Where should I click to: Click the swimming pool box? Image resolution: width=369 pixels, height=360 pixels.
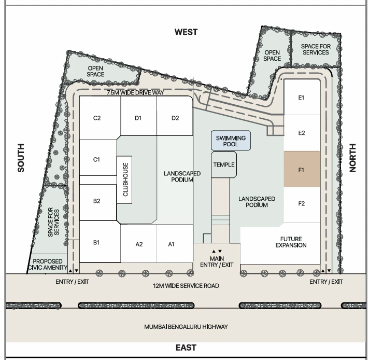coord(231,141)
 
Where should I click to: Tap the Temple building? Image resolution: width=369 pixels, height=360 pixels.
coord(224,164)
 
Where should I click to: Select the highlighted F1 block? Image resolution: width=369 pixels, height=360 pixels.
coord(302,169)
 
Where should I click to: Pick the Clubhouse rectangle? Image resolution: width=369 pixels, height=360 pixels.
coord(124,179)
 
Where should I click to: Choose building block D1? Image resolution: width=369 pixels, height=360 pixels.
coord(138,116)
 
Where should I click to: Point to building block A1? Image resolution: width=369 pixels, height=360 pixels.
coord(175,243)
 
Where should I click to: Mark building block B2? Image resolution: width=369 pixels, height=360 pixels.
coord(98,203)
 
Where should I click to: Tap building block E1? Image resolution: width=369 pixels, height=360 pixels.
coord(302,97)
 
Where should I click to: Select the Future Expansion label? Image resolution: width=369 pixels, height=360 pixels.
coord(291,242)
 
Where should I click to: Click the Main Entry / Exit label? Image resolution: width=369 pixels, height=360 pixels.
coord(217,262)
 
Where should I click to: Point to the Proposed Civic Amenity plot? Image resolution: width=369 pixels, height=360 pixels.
coord(48,264)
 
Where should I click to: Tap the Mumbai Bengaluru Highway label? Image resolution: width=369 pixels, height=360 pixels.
coord(186,327)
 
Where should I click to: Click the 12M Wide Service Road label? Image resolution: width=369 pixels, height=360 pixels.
coord(186,286)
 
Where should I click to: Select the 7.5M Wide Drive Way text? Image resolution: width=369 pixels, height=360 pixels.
coord(135,92)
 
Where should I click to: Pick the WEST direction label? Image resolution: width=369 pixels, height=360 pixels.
coord(186,32)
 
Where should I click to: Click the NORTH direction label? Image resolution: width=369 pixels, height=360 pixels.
coord(352,158)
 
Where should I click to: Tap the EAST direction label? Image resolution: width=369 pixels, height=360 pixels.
coord(186,348)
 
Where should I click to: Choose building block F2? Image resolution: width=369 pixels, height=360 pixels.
coord(302,205)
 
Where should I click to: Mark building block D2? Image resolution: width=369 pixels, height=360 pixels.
coord(175,116)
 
